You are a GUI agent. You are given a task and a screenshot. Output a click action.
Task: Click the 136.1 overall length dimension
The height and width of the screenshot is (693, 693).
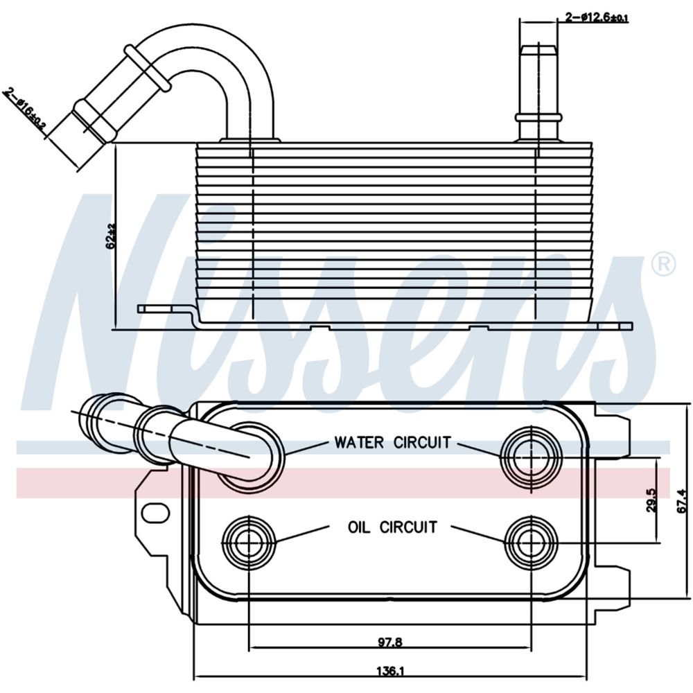tap(390, 671)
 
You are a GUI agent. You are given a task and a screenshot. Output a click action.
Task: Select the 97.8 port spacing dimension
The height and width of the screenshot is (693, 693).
tap(390, 642)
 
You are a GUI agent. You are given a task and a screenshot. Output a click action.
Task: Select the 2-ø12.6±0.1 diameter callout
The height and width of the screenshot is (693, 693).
tap(597, 17)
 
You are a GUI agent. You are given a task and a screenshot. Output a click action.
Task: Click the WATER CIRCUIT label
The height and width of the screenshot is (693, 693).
tap(392, 441)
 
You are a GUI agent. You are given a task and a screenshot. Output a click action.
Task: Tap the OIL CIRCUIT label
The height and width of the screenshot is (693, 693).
tap(392, 527)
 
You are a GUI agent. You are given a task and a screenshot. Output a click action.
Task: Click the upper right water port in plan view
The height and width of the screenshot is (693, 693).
tap(531, 455)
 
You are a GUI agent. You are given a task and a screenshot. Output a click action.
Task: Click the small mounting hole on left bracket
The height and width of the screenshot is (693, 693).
tap(155, 514)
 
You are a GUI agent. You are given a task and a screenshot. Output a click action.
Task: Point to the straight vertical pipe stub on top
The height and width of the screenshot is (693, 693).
tap(538, 90)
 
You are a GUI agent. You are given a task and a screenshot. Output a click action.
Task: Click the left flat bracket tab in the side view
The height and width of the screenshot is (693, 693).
tap(163, 309)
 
